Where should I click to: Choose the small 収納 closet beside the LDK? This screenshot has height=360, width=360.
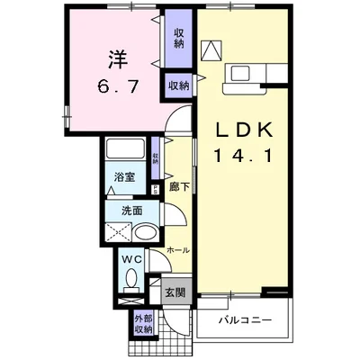pyautogui.click(x=178, y=86)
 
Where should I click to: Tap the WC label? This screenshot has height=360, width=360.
pyautogui.click(x=131, y=261)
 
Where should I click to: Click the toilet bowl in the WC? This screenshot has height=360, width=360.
pyautogui.click(x=132, y=280)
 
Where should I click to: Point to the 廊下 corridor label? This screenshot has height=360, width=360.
pyautogui.click(x=178, y=187)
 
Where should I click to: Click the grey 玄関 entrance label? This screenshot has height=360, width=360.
pyautogui.click(x=175, y=293)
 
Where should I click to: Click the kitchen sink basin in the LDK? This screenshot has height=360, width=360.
pyautogui.click(x=242, y=73)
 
